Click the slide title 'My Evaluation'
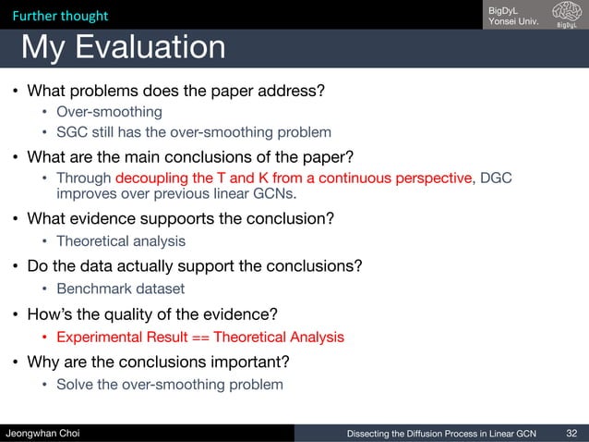123,47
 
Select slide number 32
571,431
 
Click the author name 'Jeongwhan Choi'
43,431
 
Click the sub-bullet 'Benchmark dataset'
120,289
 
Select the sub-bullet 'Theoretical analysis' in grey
120,241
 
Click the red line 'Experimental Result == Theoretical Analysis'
199,337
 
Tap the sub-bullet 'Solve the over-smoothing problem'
169,384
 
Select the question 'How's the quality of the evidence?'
152,313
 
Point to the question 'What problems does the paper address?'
175,92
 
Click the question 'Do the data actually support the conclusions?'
194,266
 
